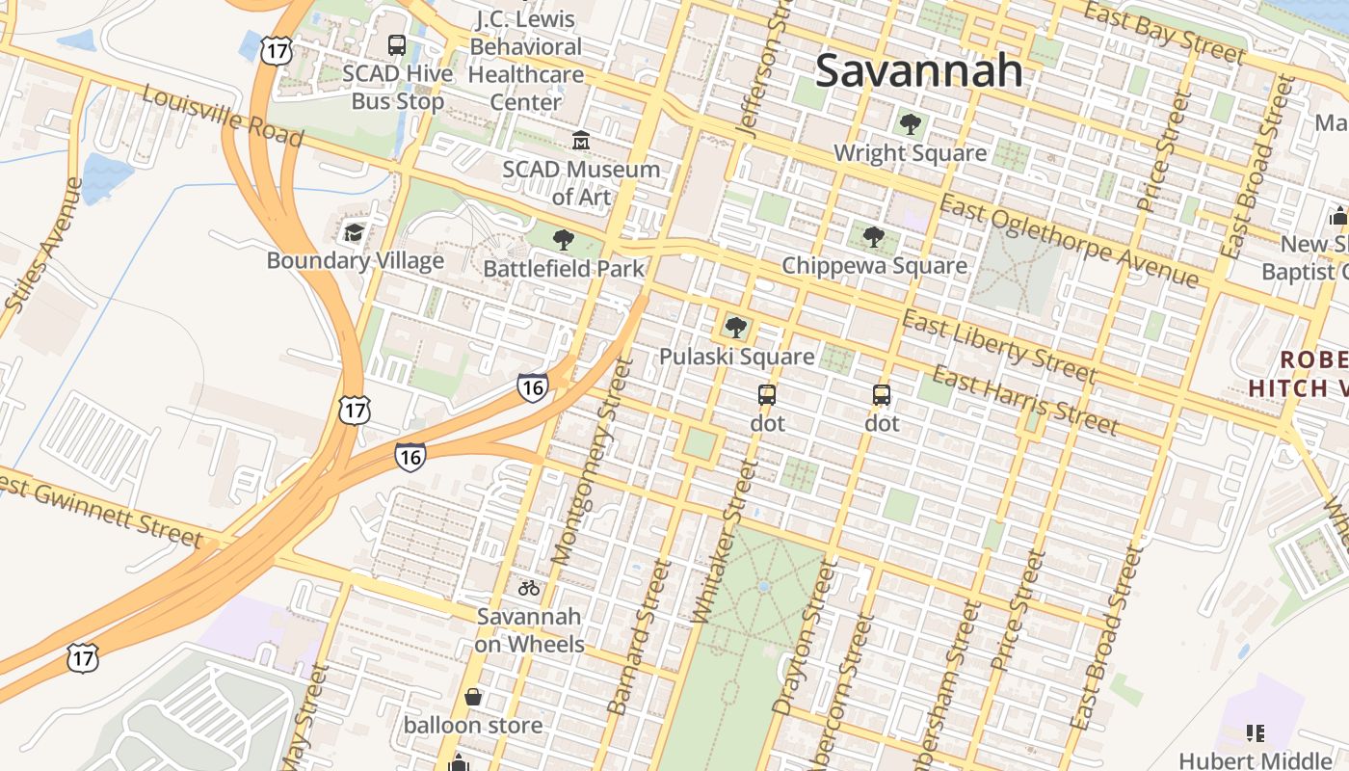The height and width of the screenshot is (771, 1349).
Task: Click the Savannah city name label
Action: coord(918,70)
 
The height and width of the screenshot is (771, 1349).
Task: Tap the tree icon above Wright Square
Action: coord(909,124)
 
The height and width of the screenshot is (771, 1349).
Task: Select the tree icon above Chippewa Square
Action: coord(873,237)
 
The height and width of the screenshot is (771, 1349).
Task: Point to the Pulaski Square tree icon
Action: coord(736,328)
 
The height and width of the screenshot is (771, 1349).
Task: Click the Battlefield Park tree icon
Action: coord(564,240)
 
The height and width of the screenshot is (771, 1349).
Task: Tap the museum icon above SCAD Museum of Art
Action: coord(581,141)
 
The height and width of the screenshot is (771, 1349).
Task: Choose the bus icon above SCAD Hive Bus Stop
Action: coord(397,44)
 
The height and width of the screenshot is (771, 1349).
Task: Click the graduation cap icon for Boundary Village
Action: coord(355,232)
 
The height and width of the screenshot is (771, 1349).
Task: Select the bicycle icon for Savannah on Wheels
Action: coord(529,587)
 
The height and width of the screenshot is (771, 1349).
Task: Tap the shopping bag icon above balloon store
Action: coord(473,696)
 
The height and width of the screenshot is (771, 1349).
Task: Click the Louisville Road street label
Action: coord(223,116)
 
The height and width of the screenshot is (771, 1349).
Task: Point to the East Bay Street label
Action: coord(1164,32)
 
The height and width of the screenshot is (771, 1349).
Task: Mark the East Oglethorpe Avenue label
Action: coord(1070,240)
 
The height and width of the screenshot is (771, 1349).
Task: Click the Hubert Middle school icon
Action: coord(1255,733)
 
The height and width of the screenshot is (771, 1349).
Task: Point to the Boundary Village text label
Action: coord(355,260)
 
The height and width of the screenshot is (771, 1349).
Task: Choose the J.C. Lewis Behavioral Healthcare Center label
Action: coord(526,60)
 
